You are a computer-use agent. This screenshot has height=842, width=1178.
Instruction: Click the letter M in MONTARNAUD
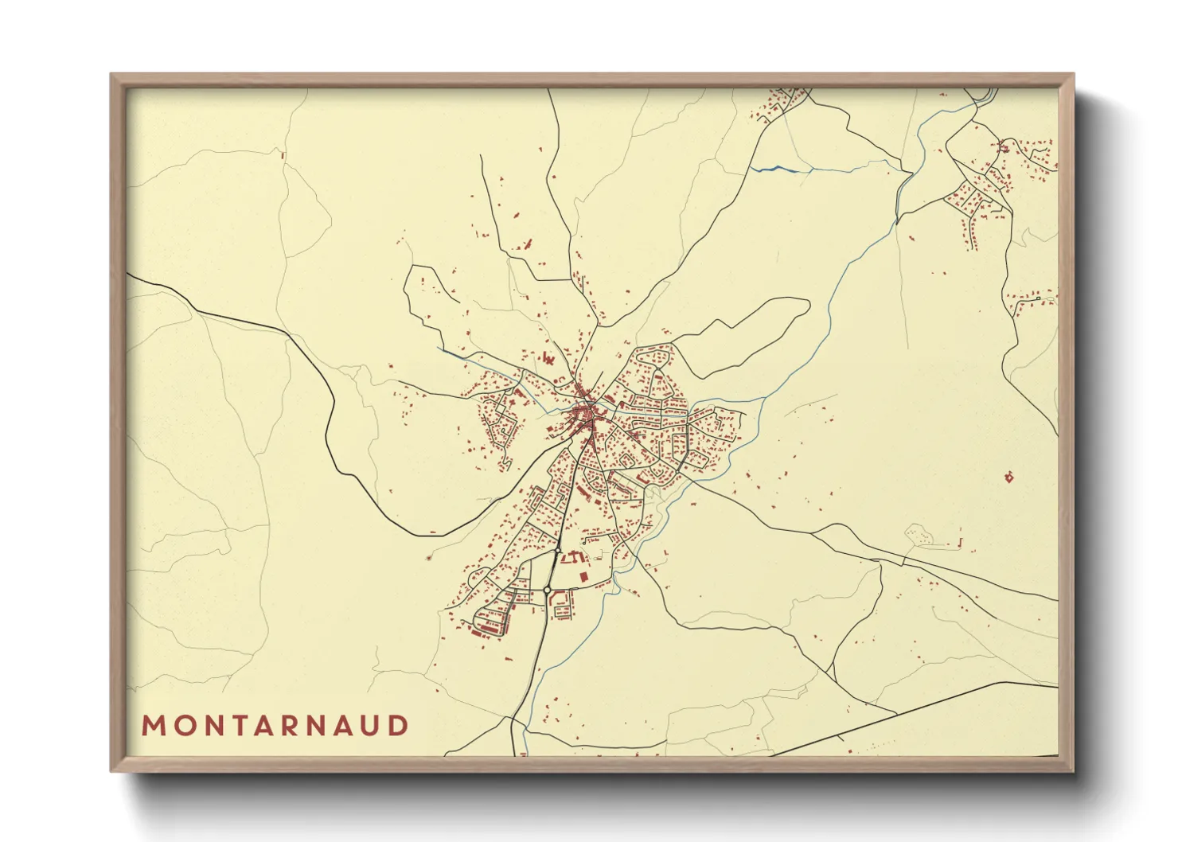[x=153, y=726]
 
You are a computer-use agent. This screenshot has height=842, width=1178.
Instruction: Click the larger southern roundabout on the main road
[x=548, y=590]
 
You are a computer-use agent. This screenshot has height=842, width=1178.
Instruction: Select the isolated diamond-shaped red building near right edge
[x=1009, y=478]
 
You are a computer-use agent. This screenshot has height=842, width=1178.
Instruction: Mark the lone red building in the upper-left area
[x=283, y=155]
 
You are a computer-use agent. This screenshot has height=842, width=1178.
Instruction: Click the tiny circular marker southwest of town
[x=430, y=557]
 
